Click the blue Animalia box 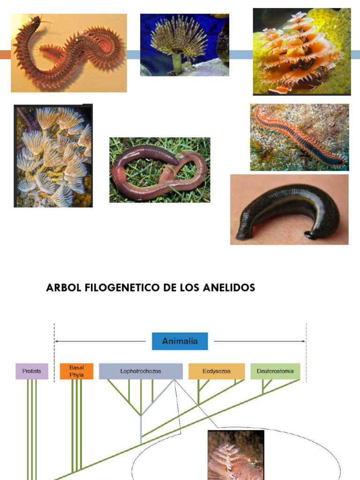click(x=180, y=341)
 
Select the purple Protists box click(x=32, y=371)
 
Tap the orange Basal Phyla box click(x=76, y=371)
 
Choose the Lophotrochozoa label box click(x=141, y=371)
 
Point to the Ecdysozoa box click(x=217, y=371)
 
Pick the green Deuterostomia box click(x=275, y=371)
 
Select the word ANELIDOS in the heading click(x=232, y=288)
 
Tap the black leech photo click(x=289, y=210)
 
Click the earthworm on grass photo click(x=160, y=170)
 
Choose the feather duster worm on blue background click(x=184, y=45)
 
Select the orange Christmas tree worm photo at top click(x=302, y=51)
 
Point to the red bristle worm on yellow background click(x=69, y=52)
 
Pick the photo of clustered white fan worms click(x=53, y=156)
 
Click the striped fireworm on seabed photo click(x=300, y=137)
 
